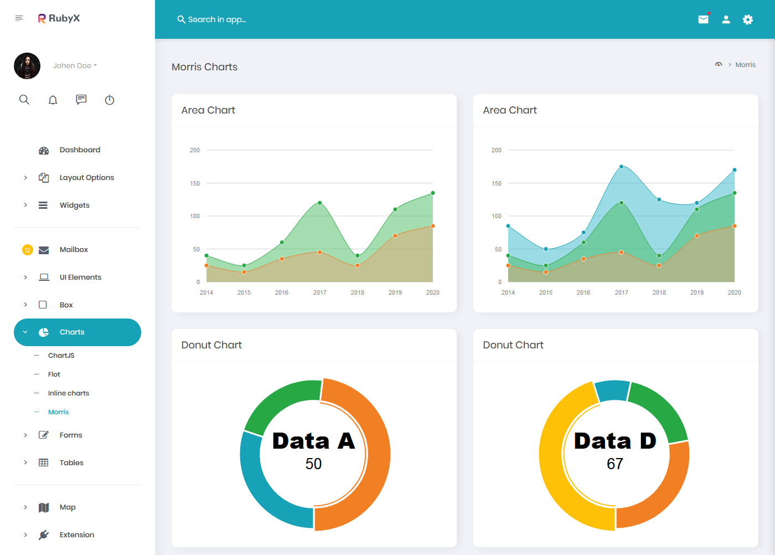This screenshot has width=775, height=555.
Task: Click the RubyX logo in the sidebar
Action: [59, 18]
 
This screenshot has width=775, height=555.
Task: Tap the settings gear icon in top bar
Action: [748, 19]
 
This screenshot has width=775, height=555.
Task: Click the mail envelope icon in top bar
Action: [703, 19]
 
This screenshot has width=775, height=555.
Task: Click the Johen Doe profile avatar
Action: [27, 66]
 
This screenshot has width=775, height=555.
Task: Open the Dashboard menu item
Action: [80, 150]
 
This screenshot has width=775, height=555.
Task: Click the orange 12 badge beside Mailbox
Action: [28, 250]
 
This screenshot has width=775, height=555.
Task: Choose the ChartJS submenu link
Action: [61, 356]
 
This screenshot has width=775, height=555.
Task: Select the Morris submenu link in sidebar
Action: [58, 412]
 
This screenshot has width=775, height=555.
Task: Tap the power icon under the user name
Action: [110, 100]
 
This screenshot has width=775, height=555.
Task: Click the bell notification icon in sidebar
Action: [53, 100]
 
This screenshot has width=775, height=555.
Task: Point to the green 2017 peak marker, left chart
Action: [320, 203]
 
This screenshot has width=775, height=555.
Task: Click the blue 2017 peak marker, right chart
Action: [622, 167]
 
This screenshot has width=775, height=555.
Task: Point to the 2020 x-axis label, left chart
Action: [432, 292]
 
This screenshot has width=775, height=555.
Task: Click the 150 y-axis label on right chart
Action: [497, 183]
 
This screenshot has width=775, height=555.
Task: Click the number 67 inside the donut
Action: [615, 464]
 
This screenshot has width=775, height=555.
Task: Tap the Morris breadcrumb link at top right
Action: [745, 65]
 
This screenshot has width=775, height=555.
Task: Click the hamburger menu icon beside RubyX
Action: [19, 18]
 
